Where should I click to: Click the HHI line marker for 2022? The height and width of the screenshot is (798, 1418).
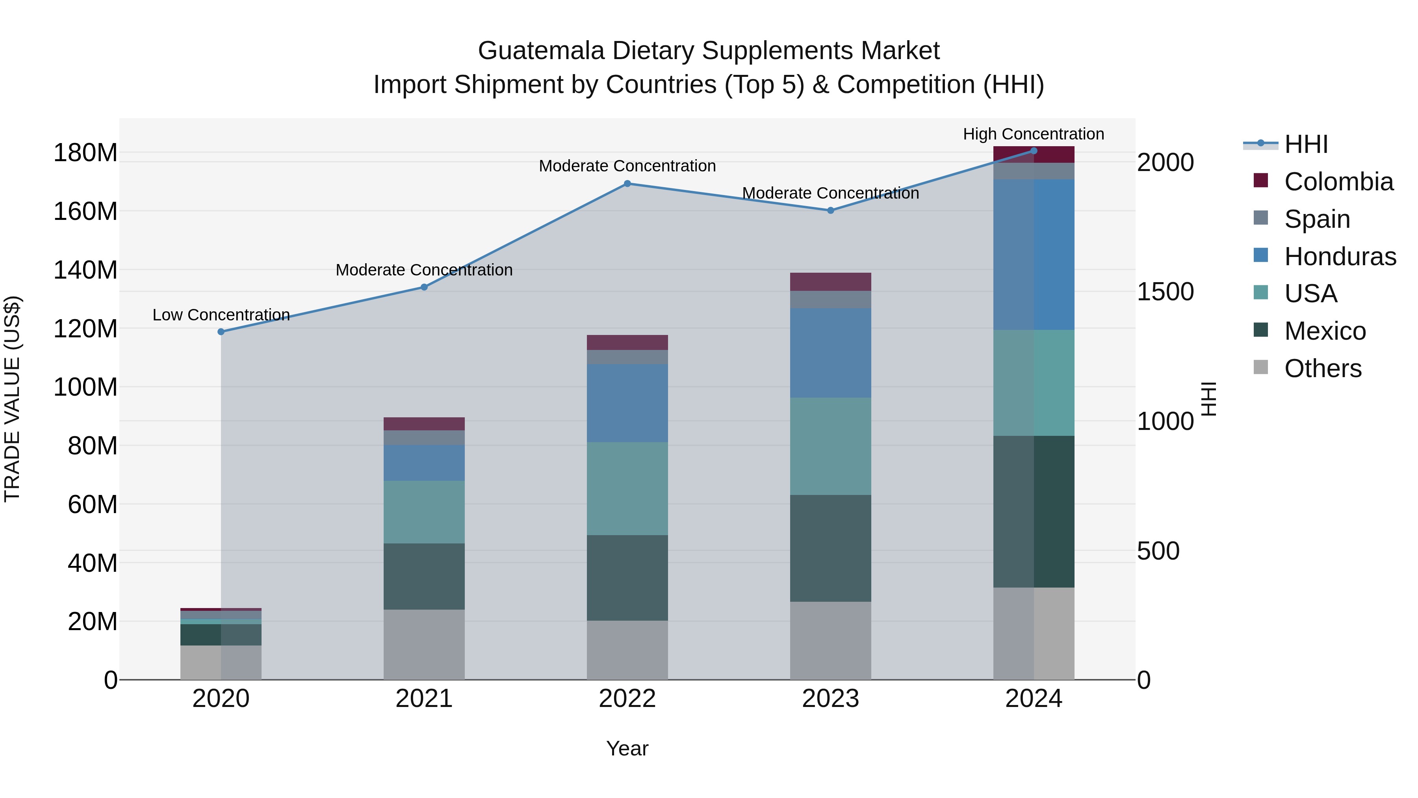tap(627, 183)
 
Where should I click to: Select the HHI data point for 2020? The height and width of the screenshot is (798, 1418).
tap(221, 331)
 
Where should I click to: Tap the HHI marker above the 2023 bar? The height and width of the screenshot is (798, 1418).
tap(831, 210)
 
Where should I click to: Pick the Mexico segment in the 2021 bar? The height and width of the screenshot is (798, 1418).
tap(424, 576)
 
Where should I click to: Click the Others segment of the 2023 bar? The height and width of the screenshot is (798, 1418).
tap(831, 640)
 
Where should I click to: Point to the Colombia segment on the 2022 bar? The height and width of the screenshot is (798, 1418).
tap(627, 342)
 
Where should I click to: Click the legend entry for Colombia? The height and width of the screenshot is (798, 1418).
tap(1338, 181)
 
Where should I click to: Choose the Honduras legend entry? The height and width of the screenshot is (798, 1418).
tap(1340, 256)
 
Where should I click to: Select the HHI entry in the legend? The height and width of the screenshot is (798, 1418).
tap(1306, 144)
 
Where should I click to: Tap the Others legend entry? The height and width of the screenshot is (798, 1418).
tap(1322, 368)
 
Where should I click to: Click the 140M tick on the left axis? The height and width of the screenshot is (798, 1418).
tap(85, 270)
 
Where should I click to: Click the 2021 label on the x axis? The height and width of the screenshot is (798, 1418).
tap(424, 699)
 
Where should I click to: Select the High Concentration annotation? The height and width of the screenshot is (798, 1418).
tap(1033, 134)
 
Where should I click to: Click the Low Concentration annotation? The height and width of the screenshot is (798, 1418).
tap(221, 314)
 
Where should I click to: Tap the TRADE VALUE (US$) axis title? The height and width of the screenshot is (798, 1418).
tap(12, 399)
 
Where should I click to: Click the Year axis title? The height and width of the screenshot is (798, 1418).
tap(627, 748)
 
